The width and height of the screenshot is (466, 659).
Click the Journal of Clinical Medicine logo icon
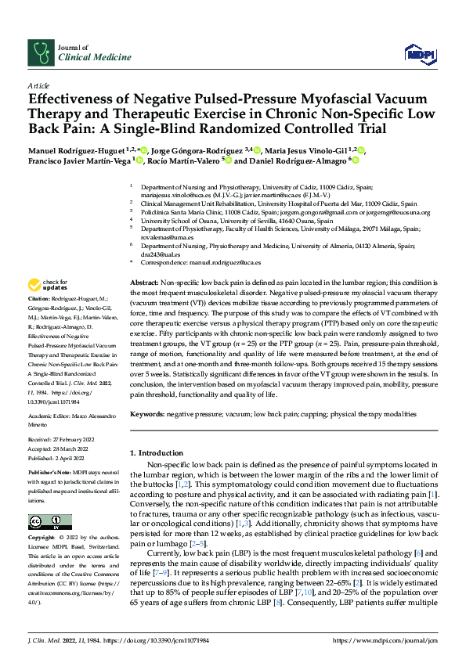tap(39, 52)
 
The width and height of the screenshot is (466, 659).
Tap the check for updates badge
tap(49, 284)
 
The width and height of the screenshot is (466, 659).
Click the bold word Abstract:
tap(143, 281)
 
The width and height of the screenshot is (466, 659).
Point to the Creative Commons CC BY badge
tap(49, 522)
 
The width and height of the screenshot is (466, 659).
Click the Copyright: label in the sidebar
tap(42, 538)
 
